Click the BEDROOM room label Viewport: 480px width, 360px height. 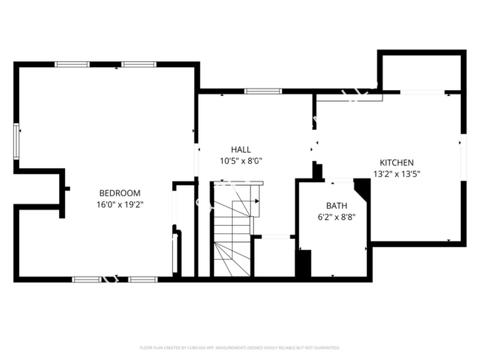pos(119,193)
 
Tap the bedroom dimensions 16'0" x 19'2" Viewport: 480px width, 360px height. pos(119,204)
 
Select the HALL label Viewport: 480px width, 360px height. pos(241,149)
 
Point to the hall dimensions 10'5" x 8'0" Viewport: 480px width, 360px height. pos(241,160)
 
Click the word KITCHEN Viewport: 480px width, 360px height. pos(397,163)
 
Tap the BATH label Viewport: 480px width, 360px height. pos(336,206)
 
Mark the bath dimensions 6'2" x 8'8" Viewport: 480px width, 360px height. pos(336,217)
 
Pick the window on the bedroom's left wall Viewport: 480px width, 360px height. pos(16,142)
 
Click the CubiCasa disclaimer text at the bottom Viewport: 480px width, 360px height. pos(240,347)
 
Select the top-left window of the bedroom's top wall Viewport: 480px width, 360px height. pos(72,65)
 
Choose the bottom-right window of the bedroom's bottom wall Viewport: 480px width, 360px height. pos(143,280)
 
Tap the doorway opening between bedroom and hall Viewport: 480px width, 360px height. pos(197,159)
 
